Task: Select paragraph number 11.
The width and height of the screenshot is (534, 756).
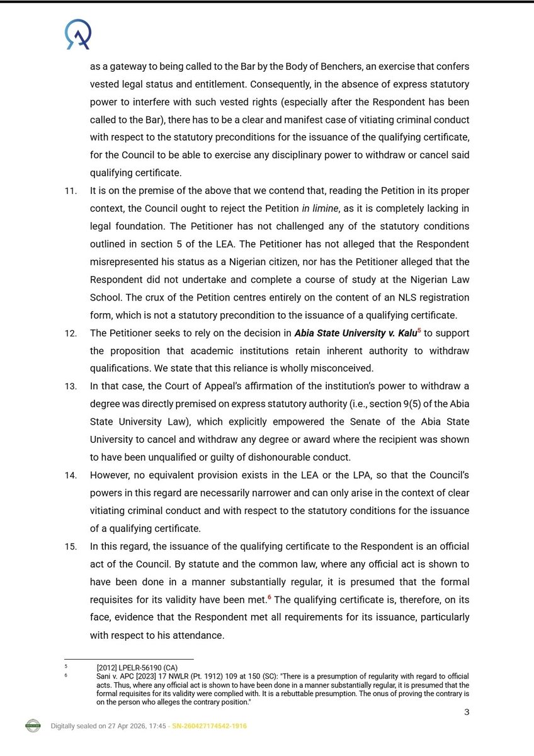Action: (x=71, y=190)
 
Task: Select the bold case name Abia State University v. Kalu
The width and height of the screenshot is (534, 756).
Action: (x=355, y=333)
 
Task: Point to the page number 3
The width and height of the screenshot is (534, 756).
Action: (x=467, y=712)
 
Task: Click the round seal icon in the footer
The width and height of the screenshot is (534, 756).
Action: (x=33, y=726)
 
